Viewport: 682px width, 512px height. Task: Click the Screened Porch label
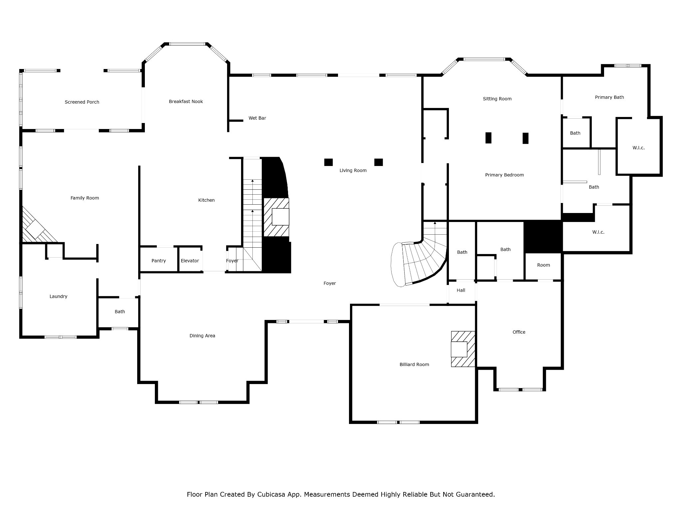point(82,102)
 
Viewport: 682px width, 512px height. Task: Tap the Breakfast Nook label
point(186,101)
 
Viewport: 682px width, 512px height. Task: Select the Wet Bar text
point(257,118)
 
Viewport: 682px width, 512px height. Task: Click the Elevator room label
point(190,261)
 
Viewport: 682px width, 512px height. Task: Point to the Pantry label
point(159,261)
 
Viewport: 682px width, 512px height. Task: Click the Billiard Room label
point(414,364)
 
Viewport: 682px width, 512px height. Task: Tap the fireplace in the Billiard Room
point(462,349)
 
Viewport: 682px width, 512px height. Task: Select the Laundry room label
point(58,296)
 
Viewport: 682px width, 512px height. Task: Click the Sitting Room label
point(497,99)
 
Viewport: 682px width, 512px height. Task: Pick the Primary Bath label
point(609,97)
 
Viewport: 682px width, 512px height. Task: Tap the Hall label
point(461,290)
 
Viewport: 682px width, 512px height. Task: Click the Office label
point(519,332)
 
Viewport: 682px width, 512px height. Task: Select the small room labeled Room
point(543,265)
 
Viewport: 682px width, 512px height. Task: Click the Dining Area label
point(202,336)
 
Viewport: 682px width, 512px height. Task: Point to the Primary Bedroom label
point(504,175)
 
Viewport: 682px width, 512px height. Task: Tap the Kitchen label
point(206,200)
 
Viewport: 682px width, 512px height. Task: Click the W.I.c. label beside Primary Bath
point(638,148)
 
